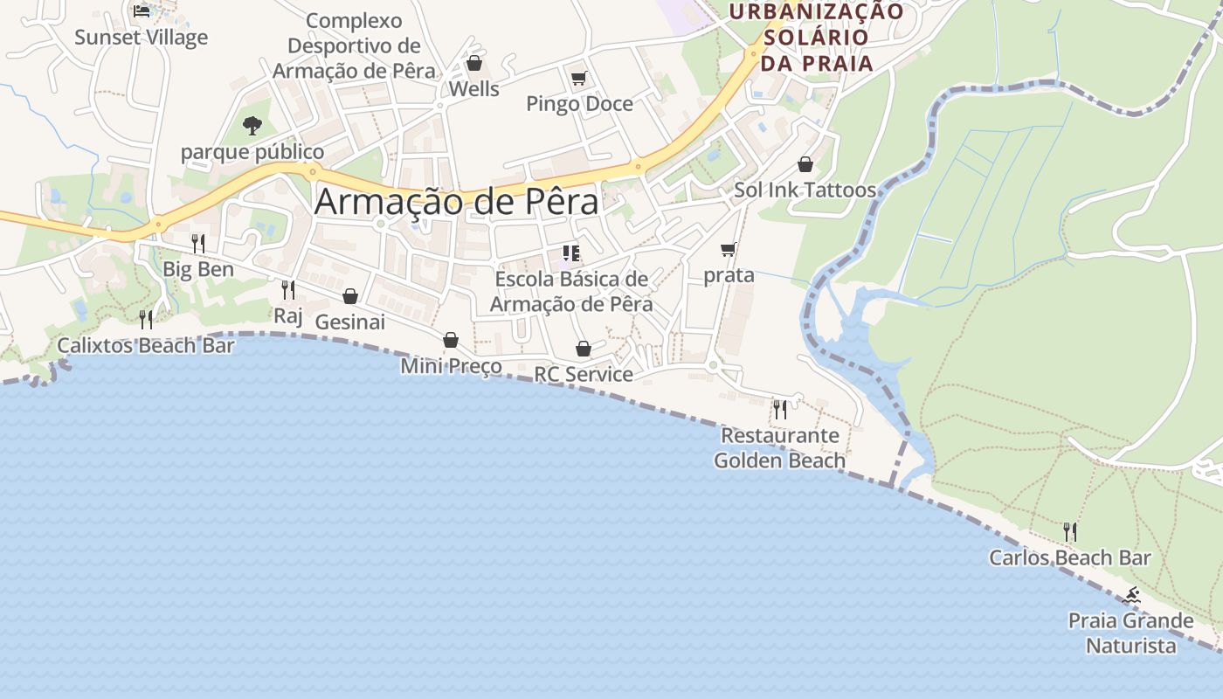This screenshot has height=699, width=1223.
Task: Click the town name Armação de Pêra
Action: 456,202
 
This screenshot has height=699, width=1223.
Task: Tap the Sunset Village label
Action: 141,38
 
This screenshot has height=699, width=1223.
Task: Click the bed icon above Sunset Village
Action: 142,10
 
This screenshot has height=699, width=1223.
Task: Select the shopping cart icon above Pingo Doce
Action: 578,79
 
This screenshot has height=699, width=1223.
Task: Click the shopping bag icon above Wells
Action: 473,63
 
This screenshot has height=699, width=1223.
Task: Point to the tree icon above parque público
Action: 252,126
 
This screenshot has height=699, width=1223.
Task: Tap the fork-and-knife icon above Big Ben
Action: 198,243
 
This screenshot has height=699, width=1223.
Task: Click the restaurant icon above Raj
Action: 287,290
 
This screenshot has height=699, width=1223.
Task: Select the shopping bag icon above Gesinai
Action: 349,296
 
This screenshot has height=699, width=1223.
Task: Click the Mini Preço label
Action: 451,366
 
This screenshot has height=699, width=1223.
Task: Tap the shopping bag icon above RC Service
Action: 584,349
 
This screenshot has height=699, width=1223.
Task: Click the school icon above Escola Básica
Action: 571,254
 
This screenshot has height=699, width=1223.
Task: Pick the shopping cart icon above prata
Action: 729,250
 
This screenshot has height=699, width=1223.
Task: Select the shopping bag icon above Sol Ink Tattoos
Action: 805,164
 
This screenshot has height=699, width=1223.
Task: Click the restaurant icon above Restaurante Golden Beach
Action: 779,408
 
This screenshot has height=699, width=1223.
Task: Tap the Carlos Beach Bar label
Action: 1069,557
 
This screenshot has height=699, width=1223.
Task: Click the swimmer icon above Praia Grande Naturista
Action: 1132,596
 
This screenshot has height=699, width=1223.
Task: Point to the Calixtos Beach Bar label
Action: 146,345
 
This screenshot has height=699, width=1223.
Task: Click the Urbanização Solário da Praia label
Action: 817,38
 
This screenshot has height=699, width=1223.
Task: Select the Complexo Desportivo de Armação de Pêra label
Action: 354,45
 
